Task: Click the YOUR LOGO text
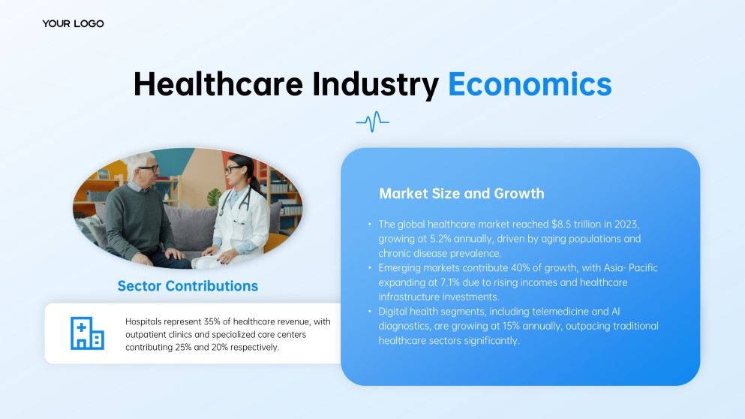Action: (73, 24)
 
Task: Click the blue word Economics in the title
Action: (530, 84)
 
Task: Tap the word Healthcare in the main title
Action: (218, 84)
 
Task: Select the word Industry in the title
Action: (375, 86)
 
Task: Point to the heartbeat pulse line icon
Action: (372, 122)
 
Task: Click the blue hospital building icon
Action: (88, 333)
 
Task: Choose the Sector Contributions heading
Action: (188, 286)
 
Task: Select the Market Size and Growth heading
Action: (462, 194)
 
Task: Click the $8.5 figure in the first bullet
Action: (561, 224)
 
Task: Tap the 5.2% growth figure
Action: (440, 239)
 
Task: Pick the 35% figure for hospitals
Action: (212, 321)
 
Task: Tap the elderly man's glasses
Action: (149, 168)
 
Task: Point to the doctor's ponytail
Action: (256, 183)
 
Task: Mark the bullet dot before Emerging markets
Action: (370, 268)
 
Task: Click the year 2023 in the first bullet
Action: (626, 224)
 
